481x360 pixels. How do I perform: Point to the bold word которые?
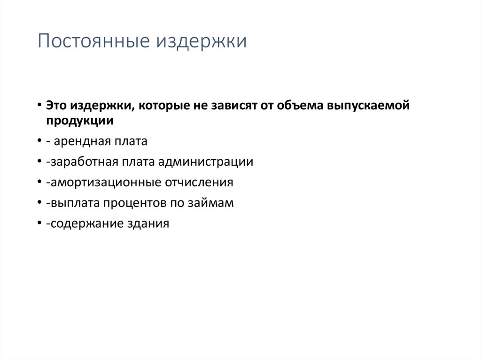point(158,106)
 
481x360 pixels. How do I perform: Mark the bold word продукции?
point(79,120)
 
